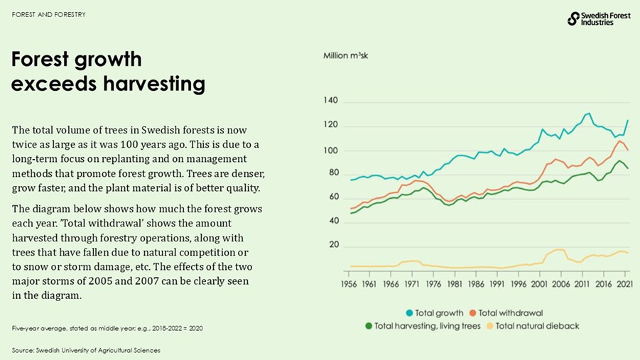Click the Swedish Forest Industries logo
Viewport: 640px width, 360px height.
tap(598, 18)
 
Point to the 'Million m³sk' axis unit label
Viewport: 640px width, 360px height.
tap(345, 55)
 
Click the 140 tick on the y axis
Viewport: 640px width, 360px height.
tap(331, 102)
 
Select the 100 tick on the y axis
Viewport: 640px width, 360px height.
tap(331, 151)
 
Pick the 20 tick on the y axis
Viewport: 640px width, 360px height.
tap(332, 245)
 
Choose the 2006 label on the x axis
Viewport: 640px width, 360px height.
tap(560, 283)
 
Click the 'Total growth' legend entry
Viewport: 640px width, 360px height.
tap(434, 312)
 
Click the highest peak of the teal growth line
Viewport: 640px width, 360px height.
tap(587, 114)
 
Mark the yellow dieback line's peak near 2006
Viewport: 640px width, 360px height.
tap(559, 250)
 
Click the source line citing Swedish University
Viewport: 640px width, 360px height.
tap(86, 350)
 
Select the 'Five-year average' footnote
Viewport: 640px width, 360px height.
tap(107, 328)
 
